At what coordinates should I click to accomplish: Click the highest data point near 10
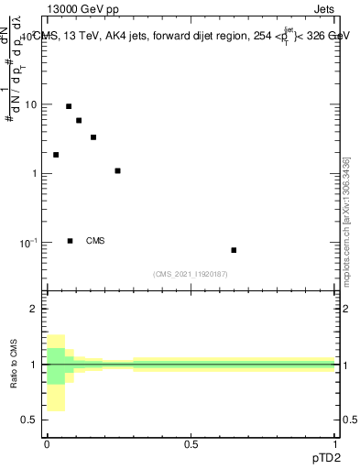click(69, 106)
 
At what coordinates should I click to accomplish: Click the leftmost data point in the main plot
click(56, 155)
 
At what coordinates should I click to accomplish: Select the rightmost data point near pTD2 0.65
click(234, 250)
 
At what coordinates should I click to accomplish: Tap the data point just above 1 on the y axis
click(117, 170)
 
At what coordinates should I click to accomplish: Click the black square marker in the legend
click(70, 241)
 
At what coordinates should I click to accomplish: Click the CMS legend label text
click(95, 241)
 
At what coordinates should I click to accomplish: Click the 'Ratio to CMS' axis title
click(16, 364)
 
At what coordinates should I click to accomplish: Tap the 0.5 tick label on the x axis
click(191, 444)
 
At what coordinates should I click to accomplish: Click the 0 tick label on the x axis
click(47, 444)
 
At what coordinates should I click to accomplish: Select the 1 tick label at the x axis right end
click(336, 444)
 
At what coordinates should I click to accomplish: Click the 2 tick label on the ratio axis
click(34, 309)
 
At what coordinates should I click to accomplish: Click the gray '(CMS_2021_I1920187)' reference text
click(191, 274)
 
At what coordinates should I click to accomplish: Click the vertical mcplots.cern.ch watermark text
click(347, 220)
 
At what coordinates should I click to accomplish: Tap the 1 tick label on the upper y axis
click(34, 174)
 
